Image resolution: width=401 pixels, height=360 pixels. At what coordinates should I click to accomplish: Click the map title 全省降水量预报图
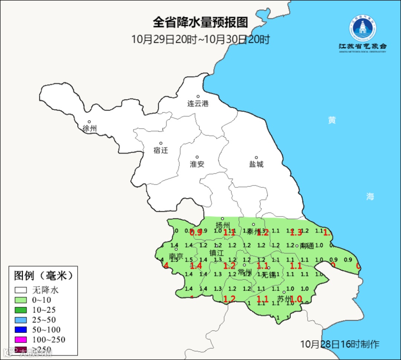pyautogui.click(x=200, y=23)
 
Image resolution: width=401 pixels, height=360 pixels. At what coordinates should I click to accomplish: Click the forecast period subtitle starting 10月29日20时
pyautogui.click(x=200, y=39)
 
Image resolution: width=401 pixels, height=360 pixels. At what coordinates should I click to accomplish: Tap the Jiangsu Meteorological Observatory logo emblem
pyautogui.click(x=363, y=28)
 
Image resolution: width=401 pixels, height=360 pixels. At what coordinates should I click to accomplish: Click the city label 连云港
pyautogui.click(x=198, y=104)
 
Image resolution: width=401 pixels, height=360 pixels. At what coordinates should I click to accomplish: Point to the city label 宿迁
pyautogui.click(x=161, y=150)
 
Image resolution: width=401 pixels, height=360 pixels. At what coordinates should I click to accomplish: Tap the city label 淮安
pyautogui.click(x=197, y=164)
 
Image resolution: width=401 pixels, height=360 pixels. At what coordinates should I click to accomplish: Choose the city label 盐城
pyautogui.click(x=256, y=164)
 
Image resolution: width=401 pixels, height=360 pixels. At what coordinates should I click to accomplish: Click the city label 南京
pyautogui.click(x=176, y=256)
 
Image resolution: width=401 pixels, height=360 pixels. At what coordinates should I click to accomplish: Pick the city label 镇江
pyautogui.click(x=216, y=253)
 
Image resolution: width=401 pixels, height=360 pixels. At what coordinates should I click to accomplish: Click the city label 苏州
pyautogui.click(x=285, y=299)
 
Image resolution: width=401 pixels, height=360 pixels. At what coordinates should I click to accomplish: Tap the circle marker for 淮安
pyautogui.click(x=197, y=157)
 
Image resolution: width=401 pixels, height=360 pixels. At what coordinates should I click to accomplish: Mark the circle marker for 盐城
pyautogui.click(x=256, y=158)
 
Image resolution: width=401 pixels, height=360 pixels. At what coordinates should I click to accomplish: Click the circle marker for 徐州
pyautogui.click(x=89, y=121)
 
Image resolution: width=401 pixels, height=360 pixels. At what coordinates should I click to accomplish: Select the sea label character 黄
pyautogui.click(x=332, y=120)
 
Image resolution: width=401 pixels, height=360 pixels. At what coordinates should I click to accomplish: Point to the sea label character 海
pyautogui.click(x=370, y=197)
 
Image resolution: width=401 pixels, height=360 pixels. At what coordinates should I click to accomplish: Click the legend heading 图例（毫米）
pyautogui.click(x=43, y=276)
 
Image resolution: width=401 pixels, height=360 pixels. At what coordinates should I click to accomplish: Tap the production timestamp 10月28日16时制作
pyautogui.click(x=340, y=344)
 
